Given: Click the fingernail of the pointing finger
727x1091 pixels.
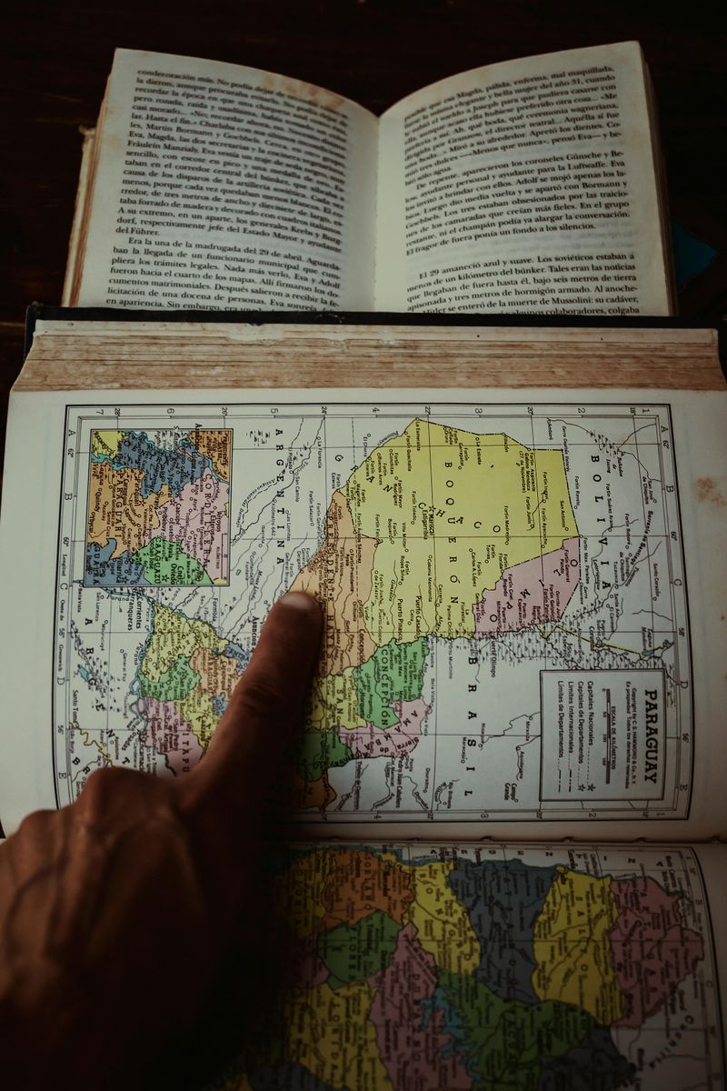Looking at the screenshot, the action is click(x=297, y=602).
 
